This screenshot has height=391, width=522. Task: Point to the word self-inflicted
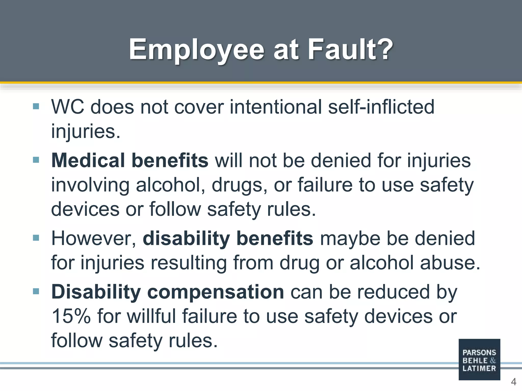pyautogui.click(x=381, y=107)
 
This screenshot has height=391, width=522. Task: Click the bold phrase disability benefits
pyautogui.click(x=228, y=239)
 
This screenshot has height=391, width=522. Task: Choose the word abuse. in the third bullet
pyautogui.click(x=450, y=263)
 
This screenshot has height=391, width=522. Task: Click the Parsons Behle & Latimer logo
pyautogui.click(x=479, y=359)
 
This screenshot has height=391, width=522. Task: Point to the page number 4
pyautogui.click(x=513, y=382)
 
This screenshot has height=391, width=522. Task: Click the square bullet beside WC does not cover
pyautogui.click(x=36, y=106)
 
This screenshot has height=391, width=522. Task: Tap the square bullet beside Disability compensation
pyautogui.click(x=36, y=291)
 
